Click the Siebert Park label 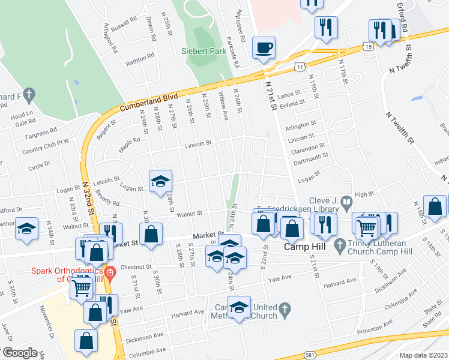[203, 51]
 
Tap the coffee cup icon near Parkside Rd [263, 47]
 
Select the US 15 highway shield [367, 46]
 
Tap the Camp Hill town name [304, 247]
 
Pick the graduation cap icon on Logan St [161, 181]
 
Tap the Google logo [19, 353]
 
